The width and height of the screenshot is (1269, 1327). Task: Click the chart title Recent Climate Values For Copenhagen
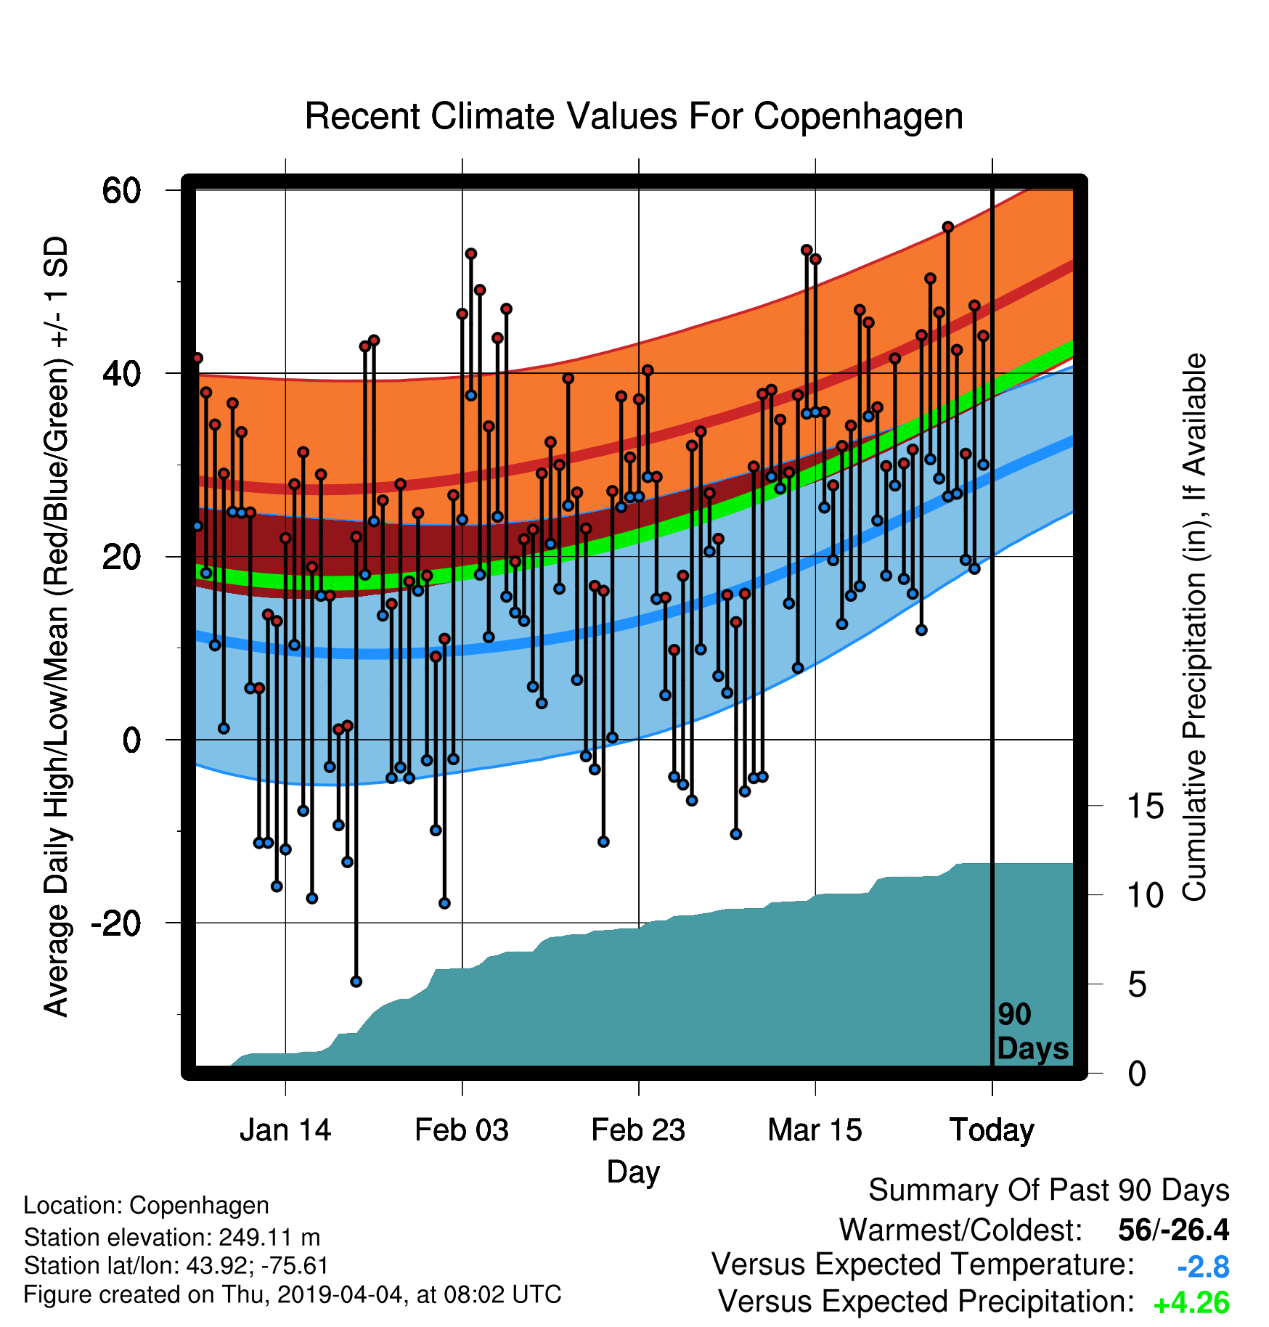[x=634, y=116]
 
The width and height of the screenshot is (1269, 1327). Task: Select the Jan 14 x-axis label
[x=285, y=1130]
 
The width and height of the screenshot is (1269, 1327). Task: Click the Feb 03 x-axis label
[x=462, y=1130]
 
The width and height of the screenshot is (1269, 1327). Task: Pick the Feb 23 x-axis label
[x=638, y=1130]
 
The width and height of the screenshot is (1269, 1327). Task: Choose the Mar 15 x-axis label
[x=815, y=1130]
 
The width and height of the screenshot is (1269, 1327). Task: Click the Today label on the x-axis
[x=992, y=1130]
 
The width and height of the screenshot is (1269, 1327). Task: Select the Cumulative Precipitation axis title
[x=1195, y=627]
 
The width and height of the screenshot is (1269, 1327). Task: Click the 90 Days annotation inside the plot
[x=1032, y=1032]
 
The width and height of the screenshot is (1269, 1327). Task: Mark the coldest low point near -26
[x=356, y=981]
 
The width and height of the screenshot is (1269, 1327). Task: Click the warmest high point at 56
[x=947, y=227]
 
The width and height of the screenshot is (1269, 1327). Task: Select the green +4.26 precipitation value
[x=1191, y=1303]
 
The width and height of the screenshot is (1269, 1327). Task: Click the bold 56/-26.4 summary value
[x=1173, y=1230]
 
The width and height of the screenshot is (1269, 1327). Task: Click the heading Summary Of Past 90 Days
[x=1049, y=1191]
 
